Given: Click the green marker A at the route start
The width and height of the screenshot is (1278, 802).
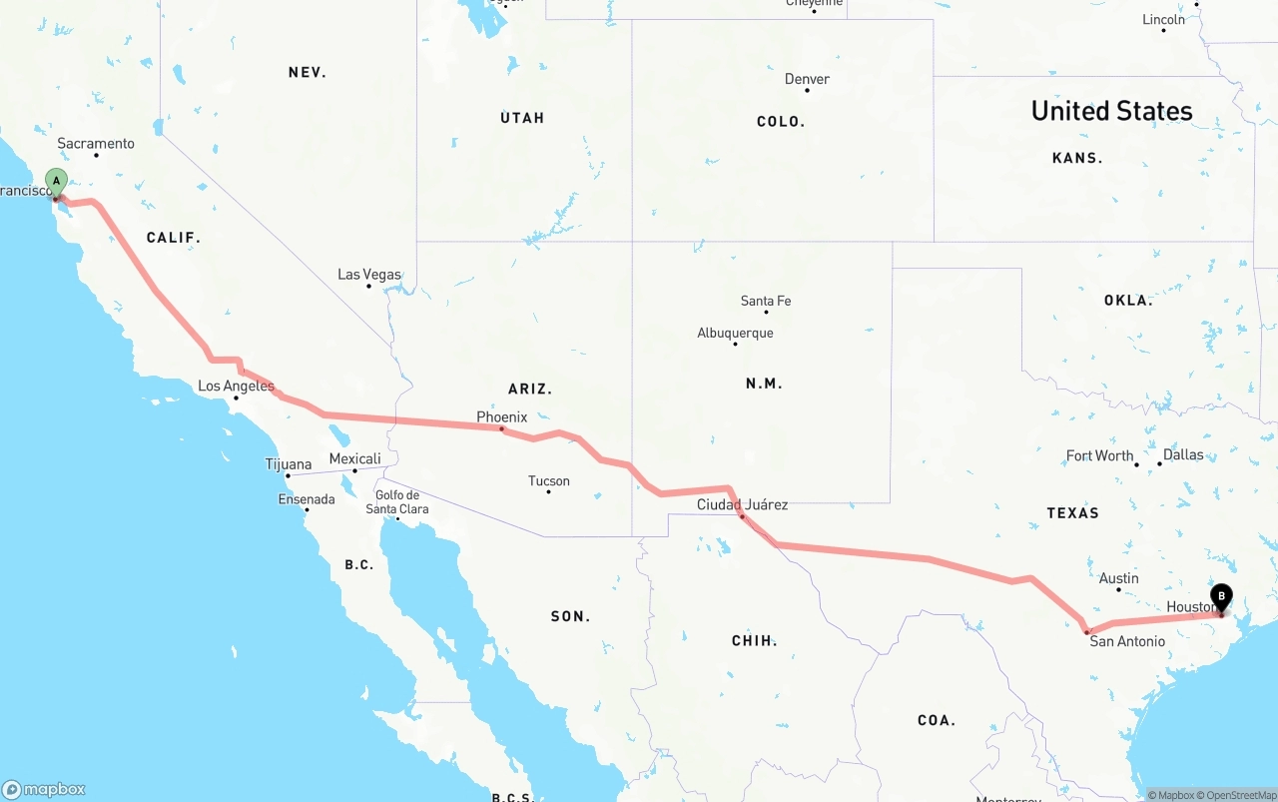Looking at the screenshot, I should [57, 183].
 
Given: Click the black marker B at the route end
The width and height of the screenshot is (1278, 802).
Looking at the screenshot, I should [1220, 596].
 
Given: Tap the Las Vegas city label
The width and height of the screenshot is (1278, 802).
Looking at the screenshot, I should [368, 274].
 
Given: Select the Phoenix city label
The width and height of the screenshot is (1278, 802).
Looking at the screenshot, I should [501, 416].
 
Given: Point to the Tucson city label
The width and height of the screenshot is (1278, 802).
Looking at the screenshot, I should [548, 480].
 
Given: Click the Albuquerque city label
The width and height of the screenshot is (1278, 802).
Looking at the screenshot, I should [735, 333].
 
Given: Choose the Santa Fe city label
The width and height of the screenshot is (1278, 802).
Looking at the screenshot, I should [766, 301].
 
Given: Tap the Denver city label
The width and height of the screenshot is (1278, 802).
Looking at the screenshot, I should [807, 79].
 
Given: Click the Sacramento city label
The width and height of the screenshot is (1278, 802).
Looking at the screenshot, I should [95, 143].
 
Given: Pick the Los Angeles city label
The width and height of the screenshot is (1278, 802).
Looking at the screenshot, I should [236, 386].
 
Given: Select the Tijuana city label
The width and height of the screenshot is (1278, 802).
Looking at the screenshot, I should [288, 463].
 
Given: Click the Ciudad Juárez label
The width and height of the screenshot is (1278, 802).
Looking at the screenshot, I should [742, 504].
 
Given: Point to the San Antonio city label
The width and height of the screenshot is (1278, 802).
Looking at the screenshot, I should [1126, 641].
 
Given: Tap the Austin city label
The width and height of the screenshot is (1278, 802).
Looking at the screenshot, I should [1118, 578].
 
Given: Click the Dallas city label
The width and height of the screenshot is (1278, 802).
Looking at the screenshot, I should [1183, 454].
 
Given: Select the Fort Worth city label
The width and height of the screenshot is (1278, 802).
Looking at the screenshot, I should [1099, 455].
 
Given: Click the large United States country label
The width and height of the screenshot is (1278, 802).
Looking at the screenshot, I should [1111, 110].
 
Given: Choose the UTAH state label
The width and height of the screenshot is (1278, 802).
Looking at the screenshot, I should [522, 118].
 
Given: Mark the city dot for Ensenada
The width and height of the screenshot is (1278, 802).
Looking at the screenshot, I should [307, 510].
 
